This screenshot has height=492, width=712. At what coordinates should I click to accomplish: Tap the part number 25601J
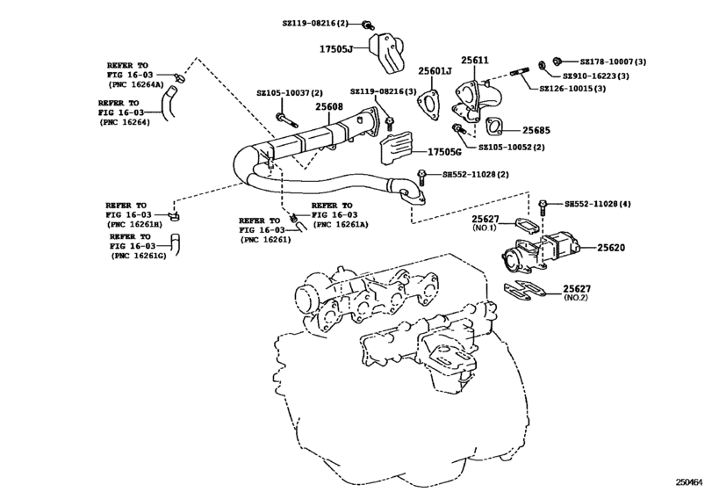434,70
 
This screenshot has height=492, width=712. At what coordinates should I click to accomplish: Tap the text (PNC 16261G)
139,256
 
